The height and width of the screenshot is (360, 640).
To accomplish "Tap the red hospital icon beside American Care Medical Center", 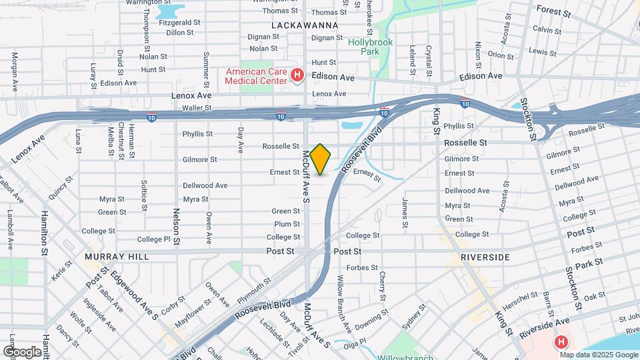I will coord(298,77).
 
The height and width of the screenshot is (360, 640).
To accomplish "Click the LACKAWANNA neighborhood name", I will coord(305,25).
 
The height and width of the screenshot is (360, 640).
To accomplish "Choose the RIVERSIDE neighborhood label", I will coord(485,257).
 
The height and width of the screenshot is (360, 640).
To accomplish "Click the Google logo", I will coord(21,351).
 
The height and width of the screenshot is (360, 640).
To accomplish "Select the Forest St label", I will coord(554,12).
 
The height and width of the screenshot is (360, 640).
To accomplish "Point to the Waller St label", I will coord(197,107).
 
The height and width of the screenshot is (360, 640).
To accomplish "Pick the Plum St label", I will coord(287,224).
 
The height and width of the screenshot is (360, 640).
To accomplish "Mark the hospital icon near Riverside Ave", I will coord(561,342).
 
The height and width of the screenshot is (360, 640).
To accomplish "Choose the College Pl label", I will coord(153,239).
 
